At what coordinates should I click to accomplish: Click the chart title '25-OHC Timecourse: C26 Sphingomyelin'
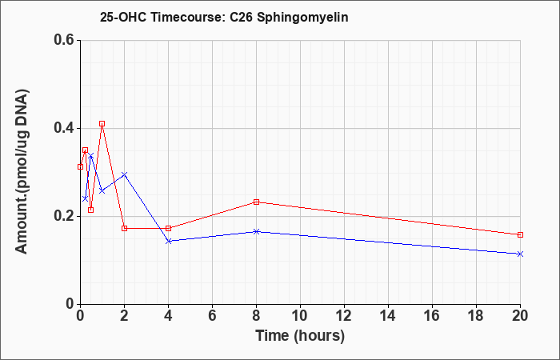224,17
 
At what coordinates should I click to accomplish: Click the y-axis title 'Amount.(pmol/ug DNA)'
22,172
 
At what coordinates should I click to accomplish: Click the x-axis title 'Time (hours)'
300,336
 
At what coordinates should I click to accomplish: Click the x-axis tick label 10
300,315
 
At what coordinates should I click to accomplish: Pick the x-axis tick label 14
388,315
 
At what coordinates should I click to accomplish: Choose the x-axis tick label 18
477,315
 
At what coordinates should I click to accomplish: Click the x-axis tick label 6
212,315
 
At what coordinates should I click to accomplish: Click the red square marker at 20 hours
520,234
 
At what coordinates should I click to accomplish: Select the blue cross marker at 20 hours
520,254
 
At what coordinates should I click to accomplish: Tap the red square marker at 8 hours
256,202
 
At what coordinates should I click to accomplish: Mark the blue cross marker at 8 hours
256,231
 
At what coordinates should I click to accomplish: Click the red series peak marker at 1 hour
102,123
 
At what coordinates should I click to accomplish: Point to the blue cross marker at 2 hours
124,174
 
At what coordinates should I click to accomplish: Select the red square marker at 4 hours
169,228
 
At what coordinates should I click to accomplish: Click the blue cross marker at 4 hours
169,241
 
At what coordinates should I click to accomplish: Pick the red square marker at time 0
80,166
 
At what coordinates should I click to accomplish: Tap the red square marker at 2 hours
124,228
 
